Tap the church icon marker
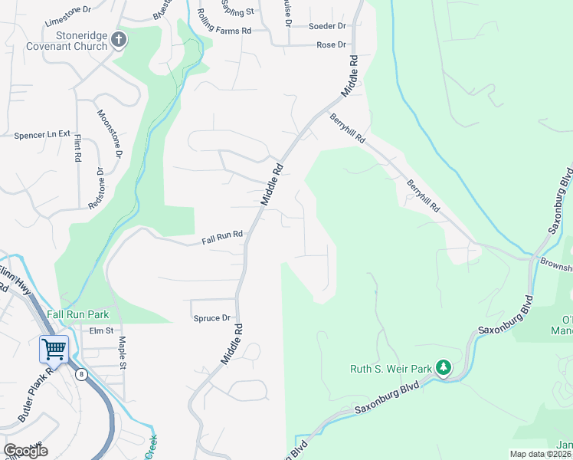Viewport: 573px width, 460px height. click(x=119, y=40)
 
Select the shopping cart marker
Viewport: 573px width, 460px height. click(x=54, y=350)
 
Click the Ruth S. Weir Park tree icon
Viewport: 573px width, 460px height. click(x=443, y=368)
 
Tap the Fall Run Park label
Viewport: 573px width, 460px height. click(x=77, y=314)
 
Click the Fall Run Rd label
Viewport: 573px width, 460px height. click(x=222, y=237)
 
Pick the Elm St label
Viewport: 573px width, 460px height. click(x=101, y=331)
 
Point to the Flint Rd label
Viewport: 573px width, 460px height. click(x=78, y=147)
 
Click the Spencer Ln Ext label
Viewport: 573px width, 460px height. click(x=42, y=135)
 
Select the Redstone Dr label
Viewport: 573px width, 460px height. click(x=97, y=189)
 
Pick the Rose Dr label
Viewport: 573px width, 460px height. click(x=331, y=45)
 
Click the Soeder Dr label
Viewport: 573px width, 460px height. click(x=327, y=26)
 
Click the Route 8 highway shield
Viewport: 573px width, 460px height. click(x=80, y=373)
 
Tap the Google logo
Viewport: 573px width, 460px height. click(x=25, y=451)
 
